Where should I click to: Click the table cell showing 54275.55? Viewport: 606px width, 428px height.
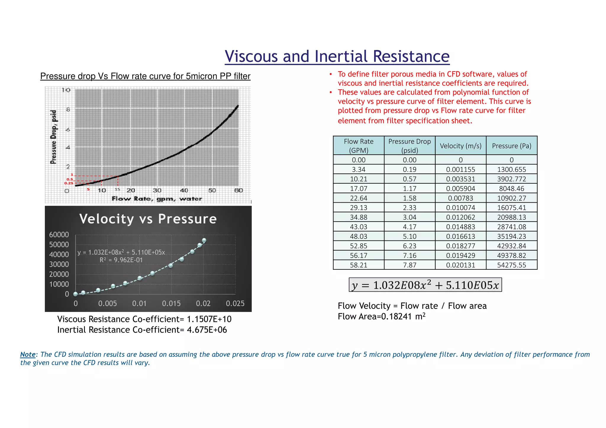pyautogui.click(x=511, y=265)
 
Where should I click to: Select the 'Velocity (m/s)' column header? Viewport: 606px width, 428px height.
pyautogui.click(x=460, y=146)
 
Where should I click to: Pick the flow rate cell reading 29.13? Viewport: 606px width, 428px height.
pyautogui.click(x=358, y=208)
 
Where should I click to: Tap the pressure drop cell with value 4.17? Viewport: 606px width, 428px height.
pyautogui.click(x=410, y=227)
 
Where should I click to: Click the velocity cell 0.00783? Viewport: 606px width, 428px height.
pyautogui.click(x=460, y=198)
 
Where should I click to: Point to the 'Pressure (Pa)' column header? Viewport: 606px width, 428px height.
pyautogui.click(x=511, y=146)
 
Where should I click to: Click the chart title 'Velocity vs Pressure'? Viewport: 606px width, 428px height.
pyautogui.click(x=148, y=219)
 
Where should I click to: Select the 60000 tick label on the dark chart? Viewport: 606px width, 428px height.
pyautogui.click(x=59, y=235)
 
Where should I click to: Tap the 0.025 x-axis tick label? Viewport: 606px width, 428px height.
pyautogui.click(x=235, y=303)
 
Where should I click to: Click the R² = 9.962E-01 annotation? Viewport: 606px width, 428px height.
pyautogui.click(x=121, y=260)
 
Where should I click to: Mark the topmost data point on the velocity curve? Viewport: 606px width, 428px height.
pyautogui.click(x=204, y=240)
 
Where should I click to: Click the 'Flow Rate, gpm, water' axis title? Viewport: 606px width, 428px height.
pyautogui.click(x=157, y=199)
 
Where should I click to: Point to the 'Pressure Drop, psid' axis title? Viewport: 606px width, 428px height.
pyautogui.click(x=53, y=137)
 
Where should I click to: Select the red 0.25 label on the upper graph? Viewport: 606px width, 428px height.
pyautogui.click(x=69, y=183)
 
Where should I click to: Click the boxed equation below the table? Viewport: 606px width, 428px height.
pyautogui.click(x=425, y=285)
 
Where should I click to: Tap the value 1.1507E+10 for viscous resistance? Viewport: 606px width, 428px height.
pyautogui.click(x=209, y=319)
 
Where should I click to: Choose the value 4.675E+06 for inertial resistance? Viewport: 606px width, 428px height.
pyautogui.click(x=207, y=330)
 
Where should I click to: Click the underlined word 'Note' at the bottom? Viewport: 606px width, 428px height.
pyautogui.click(x=28, y=354)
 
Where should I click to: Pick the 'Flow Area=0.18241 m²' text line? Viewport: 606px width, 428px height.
pyautogui.click(x=381, y=316)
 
